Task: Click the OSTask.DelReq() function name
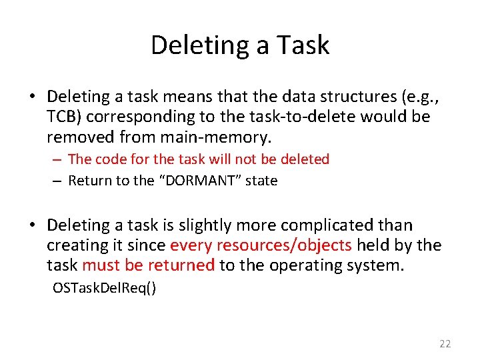pyautogui.click(x=105, y=289)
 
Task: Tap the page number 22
pyautogui.click(x=445, y=344)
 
